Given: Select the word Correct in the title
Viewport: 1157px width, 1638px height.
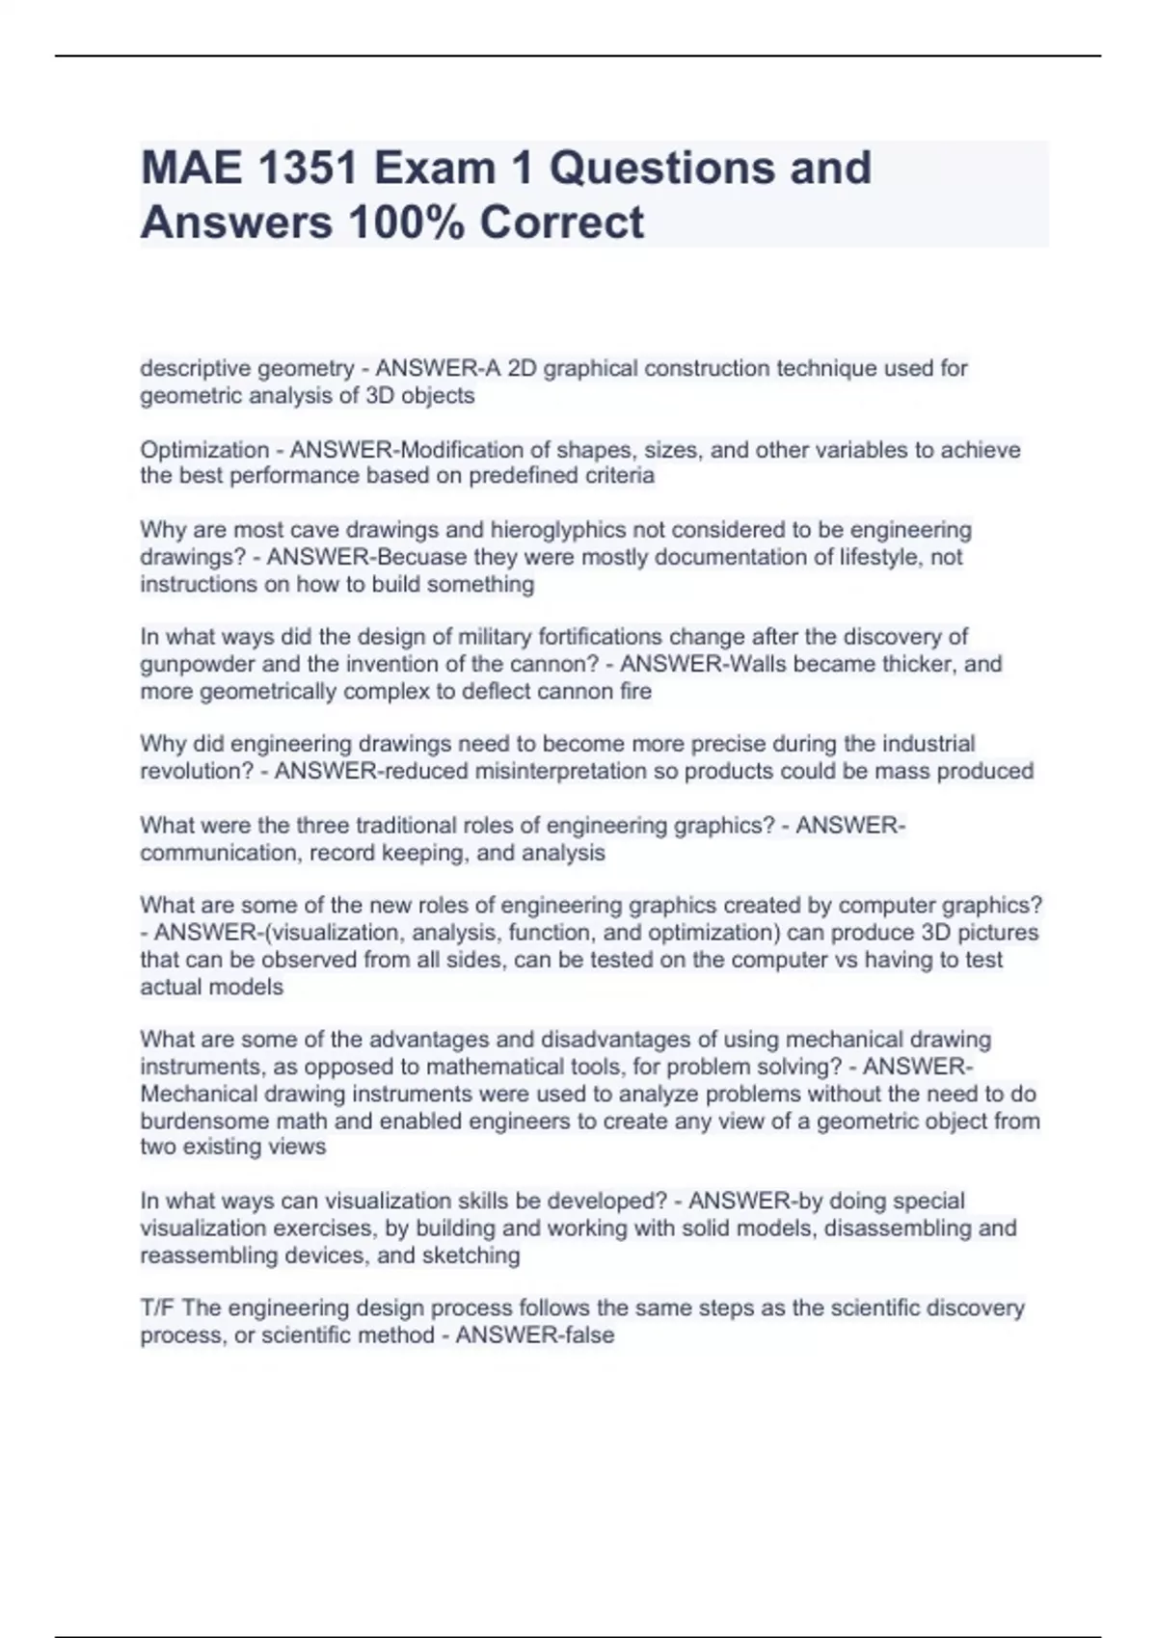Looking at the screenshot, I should point(561,223).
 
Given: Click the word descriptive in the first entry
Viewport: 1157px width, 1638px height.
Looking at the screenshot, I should point(194,368).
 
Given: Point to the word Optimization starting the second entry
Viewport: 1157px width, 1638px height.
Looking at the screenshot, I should point(204,450).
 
